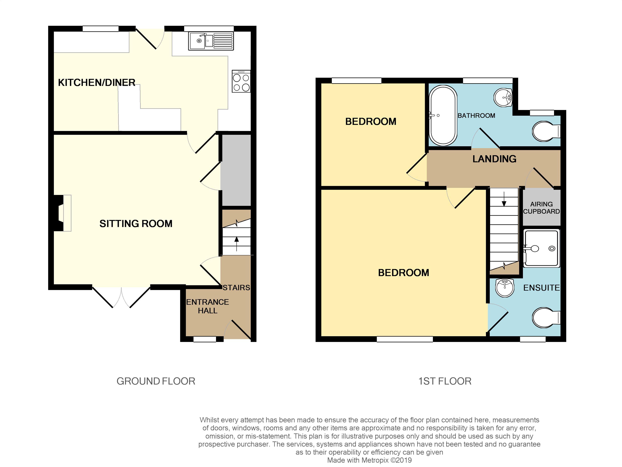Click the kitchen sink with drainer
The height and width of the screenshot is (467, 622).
(x=211, y=41)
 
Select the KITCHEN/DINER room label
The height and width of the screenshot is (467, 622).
(x=97, y=82)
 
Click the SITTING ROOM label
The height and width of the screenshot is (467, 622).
(x=136, y=224)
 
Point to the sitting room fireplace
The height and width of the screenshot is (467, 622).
(x=62, y=213)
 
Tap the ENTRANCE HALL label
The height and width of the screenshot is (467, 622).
(x=208, y=306)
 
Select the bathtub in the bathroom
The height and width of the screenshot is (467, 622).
(x=443, y=116)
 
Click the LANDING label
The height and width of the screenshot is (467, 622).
(x=494, y=159)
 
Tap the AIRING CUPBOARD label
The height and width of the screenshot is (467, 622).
(x=541, y=208)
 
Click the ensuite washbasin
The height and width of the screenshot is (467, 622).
(x=505, y=288)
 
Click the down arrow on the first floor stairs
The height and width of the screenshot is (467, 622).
(x=504, y=199)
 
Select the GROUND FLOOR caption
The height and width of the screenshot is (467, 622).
(x=156, y=381)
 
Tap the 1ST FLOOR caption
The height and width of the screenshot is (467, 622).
(x=445, y=381)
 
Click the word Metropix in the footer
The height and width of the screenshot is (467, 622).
(x=376, y=460)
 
